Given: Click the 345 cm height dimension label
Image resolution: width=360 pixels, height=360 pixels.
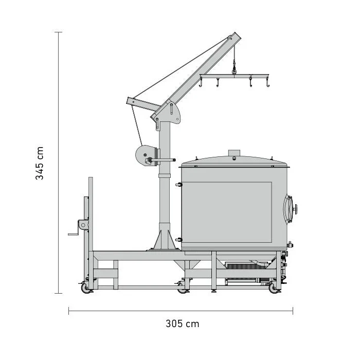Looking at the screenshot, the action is tap(39, 163).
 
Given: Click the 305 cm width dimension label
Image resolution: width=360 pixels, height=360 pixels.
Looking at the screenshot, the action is tap(182, 323).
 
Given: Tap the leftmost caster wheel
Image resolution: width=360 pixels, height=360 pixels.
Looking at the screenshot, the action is tap(85, 287).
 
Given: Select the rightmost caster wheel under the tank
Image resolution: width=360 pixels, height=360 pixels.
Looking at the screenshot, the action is tap(273, 287).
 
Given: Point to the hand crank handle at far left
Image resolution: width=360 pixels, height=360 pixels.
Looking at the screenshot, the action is tap(74, 234).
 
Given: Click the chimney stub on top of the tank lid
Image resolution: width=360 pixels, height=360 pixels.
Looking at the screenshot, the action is tap(234, 153).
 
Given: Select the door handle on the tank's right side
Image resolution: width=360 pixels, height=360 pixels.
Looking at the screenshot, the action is tap(290, 208).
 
